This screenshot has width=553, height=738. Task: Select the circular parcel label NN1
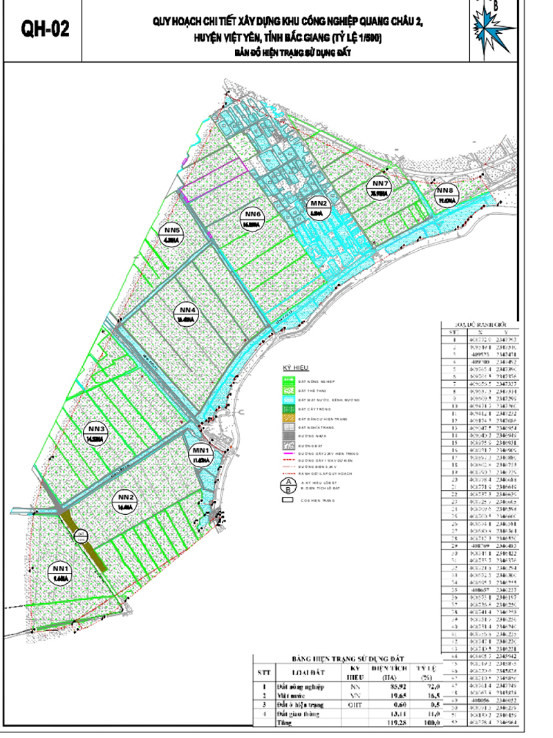(x=59, y=571)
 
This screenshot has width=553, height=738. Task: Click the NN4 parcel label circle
(x=185, y=314)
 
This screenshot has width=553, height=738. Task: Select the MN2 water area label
(x=318, y=209)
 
